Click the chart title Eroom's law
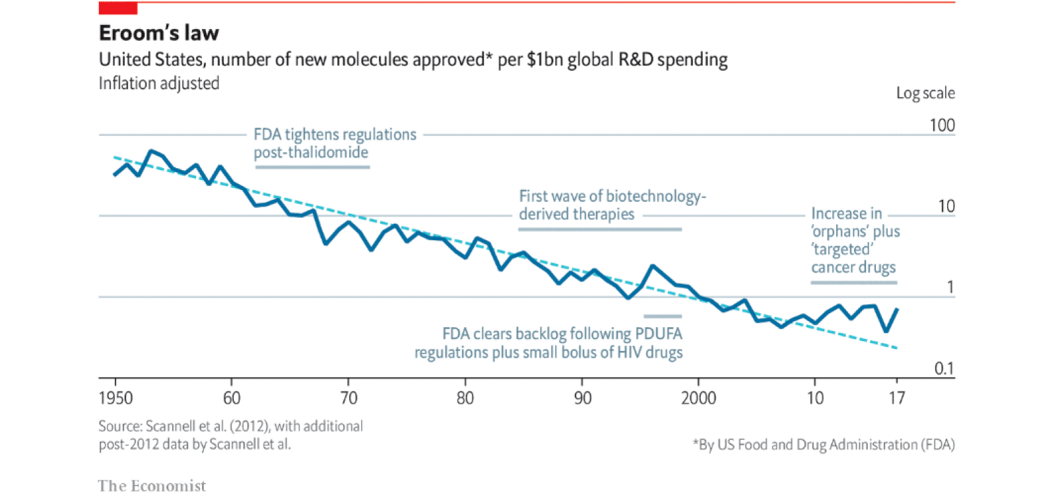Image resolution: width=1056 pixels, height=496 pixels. pyautogui.click(x=158, y=33)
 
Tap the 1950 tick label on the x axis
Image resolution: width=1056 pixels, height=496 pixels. pyautogui.click(x=115, y=398)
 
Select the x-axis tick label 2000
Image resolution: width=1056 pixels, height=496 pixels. pyautogui.click(x=698, y=398)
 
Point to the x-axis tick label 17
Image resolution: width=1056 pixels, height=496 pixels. pyautogui.click(x=896, y=398)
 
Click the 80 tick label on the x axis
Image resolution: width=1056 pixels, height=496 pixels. pyautogui.click(x=465, y=398)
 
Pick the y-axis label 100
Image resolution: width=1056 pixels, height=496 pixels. pyautogui.click(x=942, y=125)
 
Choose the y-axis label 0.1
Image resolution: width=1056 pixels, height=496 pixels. pyautogui.click(x=944, y=368)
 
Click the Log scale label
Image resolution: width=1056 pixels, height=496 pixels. pyautogui.click(x=925, y=93)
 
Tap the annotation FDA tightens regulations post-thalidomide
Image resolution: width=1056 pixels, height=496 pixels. pyautogui.click(x=335, y=143)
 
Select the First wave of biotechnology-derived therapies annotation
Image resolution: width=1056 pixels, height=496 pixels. pyautogui.click(x=612, y=205)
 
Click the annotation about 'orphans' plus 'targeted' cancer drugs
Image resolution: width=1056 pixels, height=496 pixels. pyautogui.click(x=855, y=240)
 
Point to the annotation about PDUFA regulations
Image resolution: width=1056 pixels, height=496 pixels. pyautogui.click(x=548, y=343)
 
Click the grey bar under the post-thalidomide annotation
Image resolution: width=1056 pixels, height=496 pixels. pyautogui.click(x=312, y=167)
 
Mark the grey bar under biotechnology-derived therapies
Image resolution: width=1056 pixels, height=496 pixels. pyautogui.click(x=599, y=229)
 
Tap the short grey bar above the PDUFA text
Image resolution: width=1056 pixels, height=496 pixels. pyautogui.click(x=663, y=316)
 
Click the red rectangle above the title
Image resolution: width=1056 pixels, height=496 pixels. pyautogui.click(x=118, y=8)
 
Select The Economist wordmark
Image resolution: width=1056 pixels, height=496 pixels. pyautogui.click(x=152, y=486)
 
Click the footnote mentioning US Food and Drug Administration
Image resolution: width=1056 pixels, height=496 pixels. pyautogui.click(x=824, y=445)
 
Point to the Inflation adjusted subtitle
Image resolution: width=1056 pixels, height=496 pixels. pyautogui.click(x=159, y=84)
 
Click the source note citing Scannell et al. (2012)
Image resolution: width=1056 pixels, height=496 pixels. pyautogui.click(x=230, y=435)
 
